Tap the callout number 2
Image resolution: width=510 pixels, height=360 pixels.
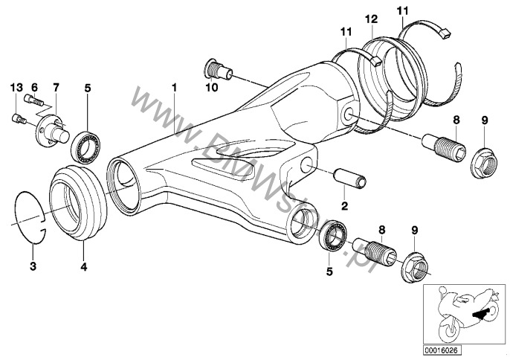[x=344, y=205]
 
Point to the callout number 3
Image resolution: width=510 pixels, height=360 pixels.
[x=33, y=266]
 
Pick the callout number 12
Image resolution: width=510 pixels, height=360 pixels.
[x=372, y=18]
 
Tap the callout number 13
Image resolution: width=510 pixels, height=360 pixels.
[x=14, y=88]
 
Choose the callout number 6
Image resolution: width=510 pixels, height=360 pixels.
[x=35, y=88]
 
